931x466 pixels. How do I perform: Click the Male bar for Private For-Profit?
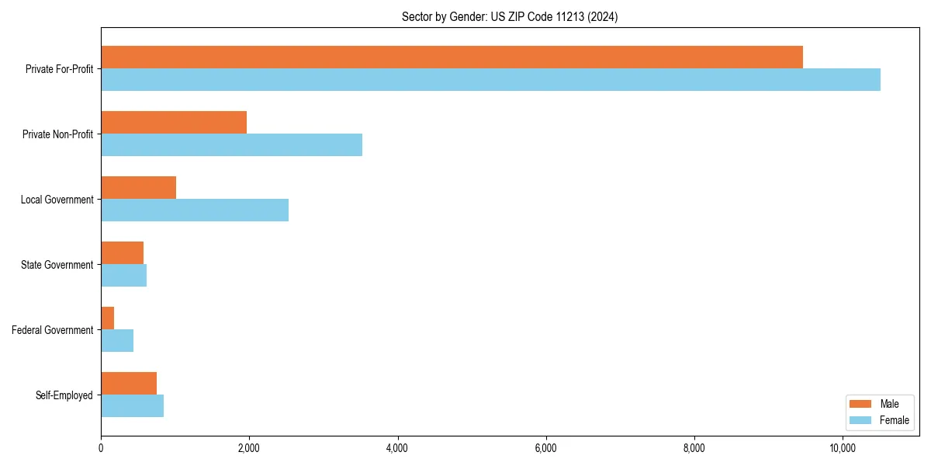point(452,57)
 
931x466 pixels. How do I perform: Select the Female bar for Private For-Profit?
point(490,80)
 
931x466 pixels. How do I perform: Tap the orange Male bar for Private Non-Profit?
point(174,123)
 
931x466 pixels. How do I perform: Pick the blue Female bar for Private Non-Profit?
point(231,145)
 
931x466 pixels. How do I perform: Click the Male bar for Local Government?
point(138,188)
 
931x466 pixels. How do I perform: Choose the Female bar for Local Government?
point(195,210)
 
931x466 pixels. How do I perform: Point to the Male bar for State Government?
point(122,253)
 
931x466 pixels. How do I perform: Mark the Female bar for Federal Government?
point(117,341)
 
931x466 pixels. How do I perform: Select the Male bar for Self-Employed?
point(129,384)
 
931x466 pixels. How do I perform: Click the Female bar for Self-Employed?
point(132,406)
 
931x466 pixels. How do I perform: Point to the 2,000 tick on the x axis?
point(249,448)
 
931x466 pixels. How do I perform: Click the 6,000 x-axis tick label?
point(545,448)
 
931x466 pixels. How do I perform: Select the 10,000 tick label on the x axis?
point(843,448)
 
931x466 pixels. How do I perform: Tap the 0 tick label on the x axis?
point(101,448)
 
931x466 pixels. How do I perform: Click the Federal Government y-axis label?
point(53,330)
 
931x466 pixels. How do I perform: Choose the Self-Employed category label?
point(64,395)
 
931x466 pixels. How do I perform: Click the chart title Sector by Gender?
point(510,16)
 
